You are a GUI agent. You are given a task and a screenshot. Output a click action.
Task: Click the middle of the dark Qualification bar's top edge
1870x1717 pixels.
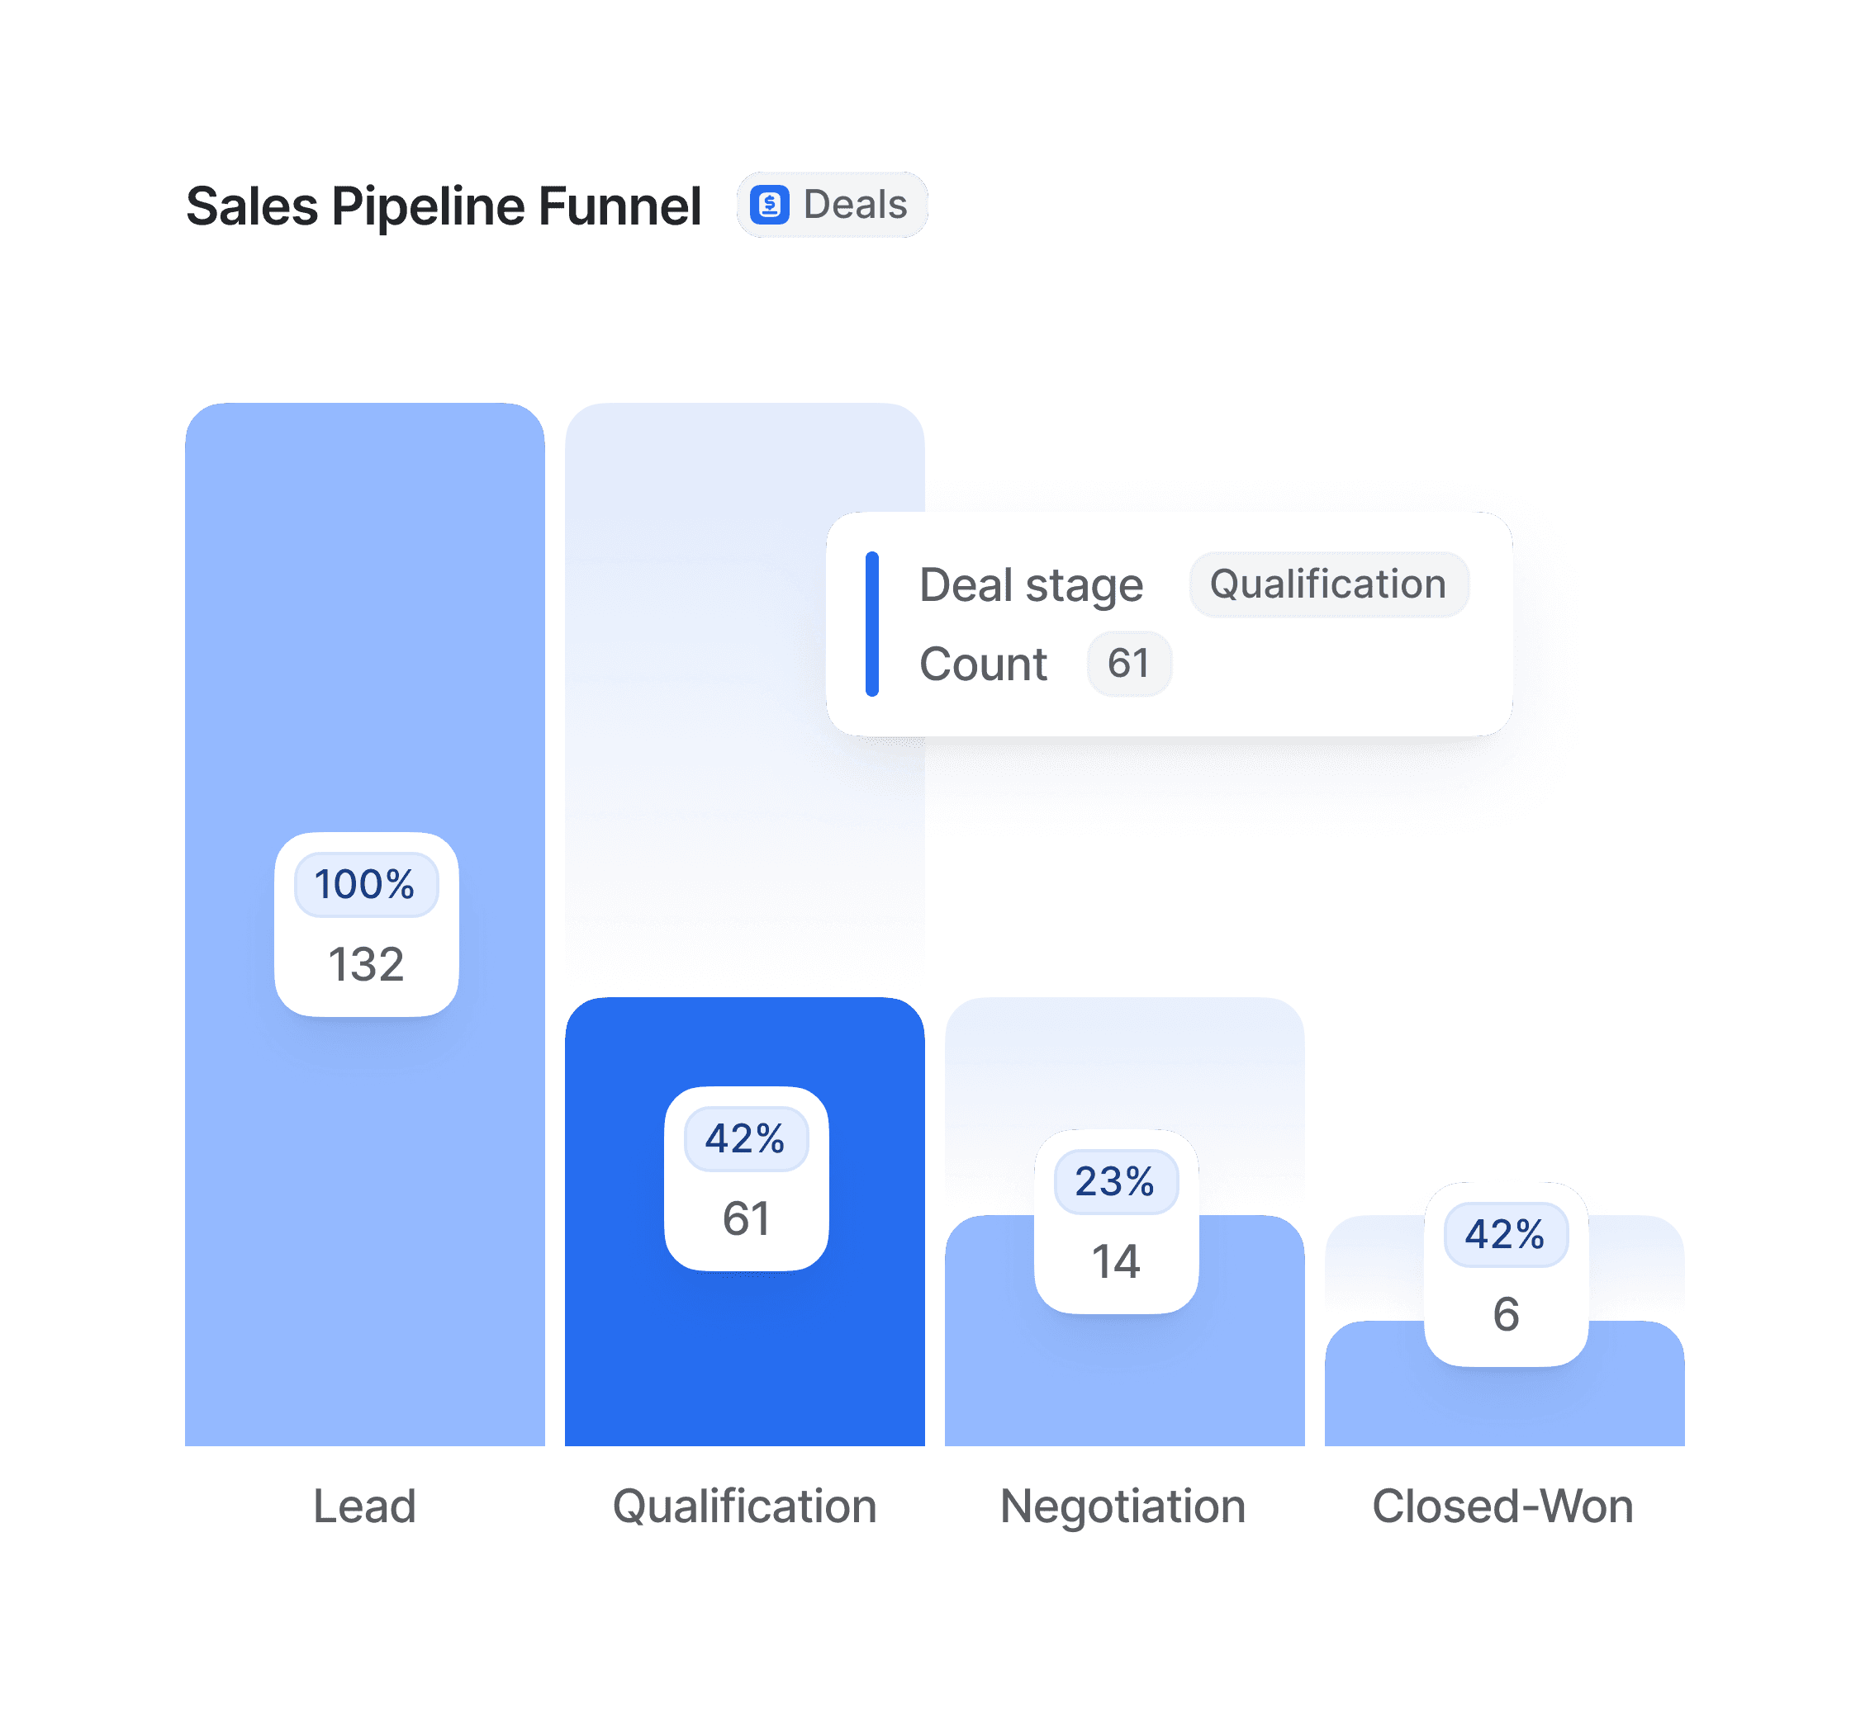point(744,998)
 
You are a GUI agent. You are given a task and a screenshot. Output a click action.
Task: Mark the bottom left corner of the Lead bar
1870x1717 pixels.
point(186,1445)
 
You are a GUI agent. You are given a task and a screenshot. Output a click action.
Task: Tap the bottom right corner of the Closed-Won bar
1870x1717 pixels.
point(1684,1445)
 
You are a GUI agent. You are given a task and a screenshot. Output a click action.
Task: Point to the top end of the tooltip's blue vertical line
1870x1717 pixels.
point(871,554)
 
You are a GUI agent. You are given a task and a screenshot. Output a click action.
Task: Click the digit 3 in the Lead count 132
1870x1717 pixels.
point(366,964)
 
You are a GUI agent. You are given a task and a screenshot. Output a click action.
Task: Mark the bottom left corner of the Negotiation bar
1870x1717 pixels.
point(947,1445)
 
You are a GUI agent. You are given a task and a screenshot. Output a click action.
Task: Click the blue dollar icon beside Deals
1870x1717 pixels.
point(770,205)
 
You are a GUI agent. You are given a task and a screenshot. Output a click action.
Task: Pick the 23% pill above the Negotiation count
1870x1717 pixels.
point(1116,1182)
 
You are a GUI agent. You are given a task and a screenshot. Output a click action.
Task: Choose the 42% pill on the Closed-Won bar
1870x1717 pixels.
point(1506,1235)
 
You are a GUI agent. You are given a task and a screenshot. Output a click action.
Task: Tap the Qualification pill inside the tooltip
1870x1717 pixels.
point(1329,584)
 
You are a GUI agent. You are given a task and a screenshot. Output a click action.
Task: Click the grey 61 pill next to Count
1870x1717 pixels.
point(1129,664)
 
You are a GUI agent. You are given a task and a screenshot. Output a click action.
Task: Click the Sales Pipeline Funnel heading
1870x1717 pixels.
point(444,206)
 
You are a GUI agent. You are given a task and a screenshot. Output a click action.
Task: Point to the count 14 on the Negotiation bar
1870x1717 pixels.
point(1116,1261)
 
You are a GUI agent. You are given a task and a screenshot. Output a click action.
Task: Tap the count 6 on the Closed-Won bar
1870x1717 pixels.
point(1506,1315)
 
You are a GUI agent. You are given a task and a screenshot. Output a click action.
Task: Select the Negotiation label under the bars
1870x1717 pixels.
point(1122,1507)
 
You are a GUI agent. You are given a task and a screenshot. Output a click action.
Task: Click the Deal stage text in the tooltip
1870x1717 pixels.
point(1031,585)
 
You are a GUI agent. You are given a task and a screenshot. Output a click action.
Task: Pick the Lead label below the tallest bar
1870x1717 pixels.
point(364,1507)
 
